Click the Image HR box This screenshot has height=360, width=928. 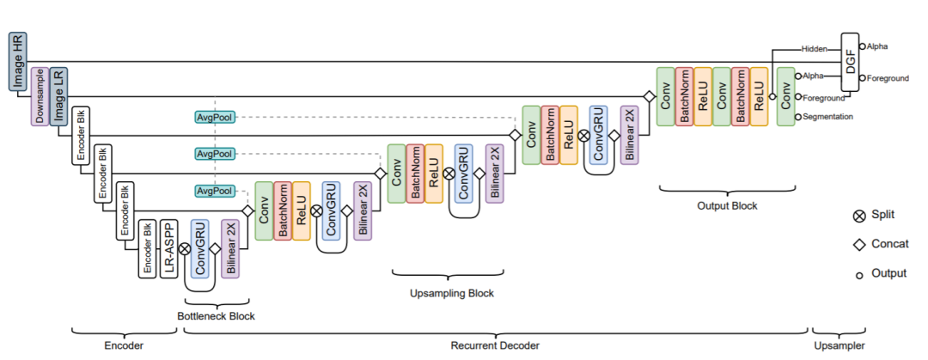pos(18,63)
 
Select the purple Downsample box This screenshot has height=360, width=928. pos(40,96)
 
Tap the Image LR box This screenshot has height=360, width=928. pos(58,96)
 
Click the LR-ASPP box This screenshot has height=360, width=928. pos(170,248)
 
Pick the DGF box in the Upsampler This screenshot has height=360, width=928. pos(851,63)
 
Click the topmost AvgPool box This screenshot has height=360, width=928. pos(214,117)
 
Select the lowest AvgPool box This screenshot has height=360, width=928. pos(214,192)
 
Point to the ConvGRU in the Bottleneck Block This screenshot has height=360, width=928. pos(200,248)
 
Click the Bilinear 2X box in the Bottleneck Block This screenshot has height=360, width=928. pos(230,248)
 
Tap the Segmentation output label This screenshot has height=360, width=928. pos(828,117)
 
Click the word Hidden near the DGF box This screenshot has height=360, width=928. pos(815,49)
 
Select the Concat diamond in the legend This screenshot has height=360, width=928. pos(858,245)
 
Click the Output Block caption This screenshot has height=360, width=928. pos(727,206)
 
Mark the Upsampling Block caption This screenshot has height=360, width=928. pos(452,293)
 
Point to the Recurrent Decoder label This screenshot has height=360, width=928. pos(495,345)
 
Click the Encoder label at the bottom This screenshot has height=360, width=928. pos(124,345)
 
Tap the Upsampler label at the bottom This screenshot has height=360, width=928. pos(839,345)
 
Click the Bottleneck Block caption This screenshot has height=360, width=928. pos(216,316)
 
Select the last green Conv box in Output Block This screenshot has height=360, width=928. pos(786,96)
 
